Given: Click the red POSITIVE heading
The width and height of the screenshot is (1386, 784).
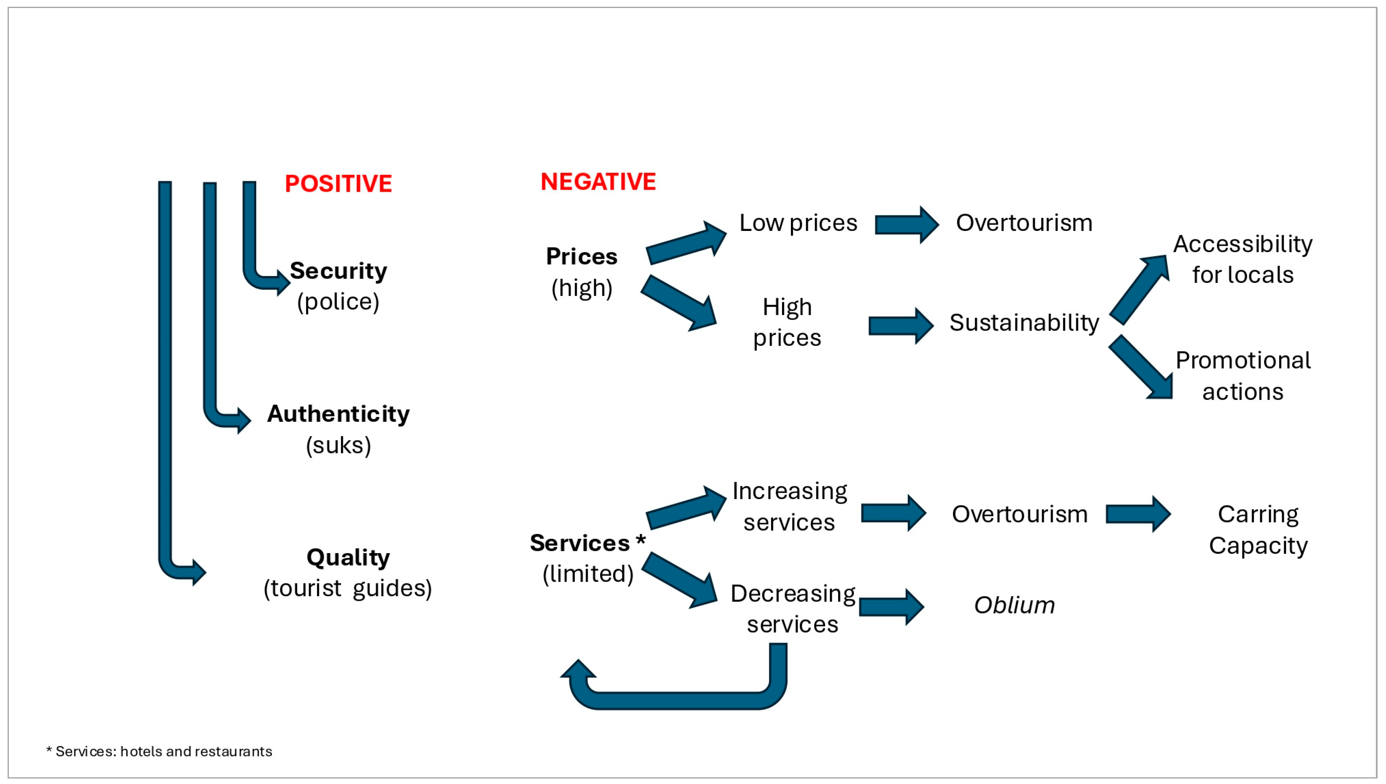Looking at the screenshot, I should point(338,184).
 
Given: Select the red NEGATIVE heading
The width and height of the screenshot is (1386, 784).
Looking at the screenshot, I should point(598,182).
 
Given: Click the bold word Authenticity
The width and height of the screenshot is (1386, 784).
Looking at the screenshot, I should point(338,414).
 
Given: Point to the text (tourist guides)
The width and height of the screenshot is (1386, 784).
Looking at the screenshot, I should point(348,588).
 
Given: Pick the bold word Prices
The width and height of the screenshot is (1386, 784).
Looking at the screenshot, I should point(581,256).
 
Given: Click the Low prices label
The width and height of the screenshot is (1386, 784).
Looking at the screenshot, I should point(798,223).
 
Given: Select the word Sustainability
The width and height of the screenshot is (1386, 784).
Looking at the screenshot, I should point(1024,323).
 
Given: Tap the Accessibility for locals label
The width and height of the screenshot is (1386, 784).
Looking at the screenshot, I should point(1242,259).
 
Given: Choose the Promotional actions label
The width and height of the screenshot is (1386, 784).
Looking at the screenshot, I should point(1242,376).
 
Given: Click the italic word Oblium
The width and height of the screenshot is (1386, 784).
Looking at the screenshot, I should point(1014,605).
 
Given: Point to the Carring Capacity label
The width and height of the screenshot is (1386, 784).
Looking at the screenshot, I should point(1258,530).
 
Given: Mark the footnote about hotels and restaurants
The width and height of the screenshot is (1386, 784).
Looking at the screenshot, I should point(160,751).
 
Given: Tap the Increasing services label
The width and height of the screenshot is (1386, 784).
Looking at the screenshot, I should point(789,506).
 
